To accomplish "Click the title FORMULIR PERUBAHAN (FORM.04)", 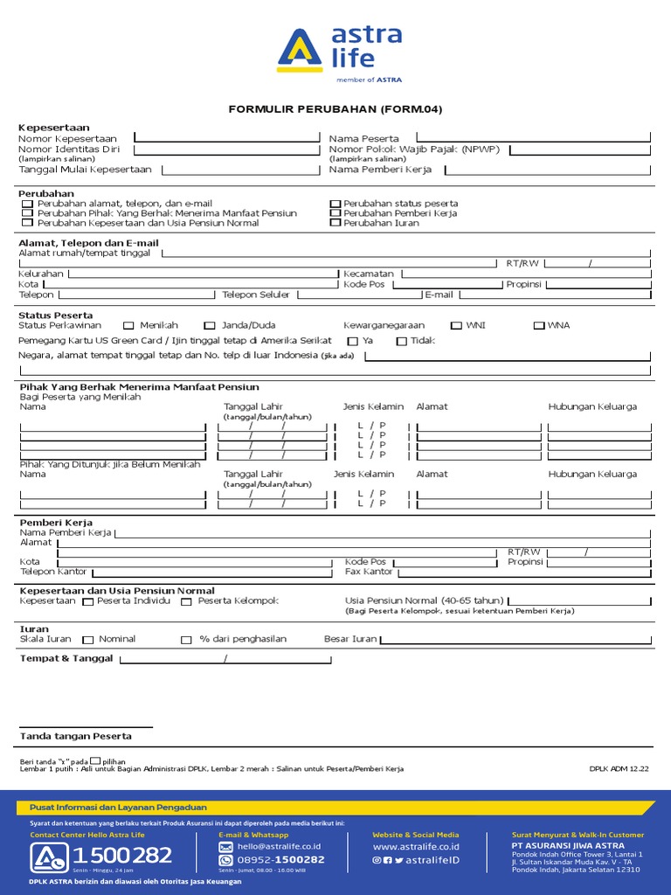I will tap(335, 109).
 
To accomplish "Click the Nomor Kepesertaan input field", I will tap(226, 136).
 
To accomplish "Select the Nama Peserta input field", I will tap(533, 136).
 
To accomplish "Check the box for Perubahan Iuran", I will tap(335, 223).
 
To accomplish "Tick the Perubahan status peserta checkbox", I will tap(335, 204).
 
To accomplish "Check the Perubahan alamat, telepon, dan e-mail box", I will tap(28, 204).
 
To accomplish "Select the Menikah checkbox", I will tap(128, 325).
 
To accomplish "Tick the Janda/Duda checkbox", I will tap(210, 325).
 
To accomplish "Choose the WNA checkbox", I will tap(539, 325).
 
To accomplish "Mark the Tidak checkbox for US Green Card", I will tap(402, 341).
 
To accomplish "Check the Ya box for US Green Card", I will tap(353, 341).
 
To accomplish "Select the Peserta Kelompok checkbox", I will tap(186, 601).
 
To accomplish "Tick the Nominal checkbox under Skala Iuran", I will tap(87, 640).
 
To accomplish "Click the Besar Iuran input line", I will tap(515, 640).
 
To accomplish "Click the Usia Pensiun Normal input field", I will tap(580, 600).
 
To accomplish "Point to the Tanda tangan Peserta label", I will tap(76, 736).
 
